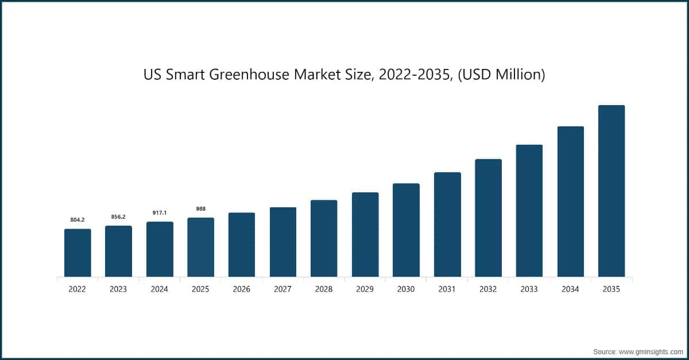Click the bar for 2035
611,191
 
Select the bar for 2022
78,253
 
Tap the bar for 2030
406,230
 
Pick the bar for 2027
283,242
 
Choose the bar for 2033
529,211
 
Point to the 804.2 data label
78,220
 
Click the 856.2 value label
118,216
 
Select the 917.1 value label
160,212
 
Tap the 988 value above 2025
201,208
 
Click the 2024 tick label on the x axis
160,289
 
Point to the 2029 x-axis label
365,289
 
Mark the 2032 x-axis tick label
488,289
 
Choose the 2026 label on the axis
242,289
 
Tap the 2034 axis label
570,289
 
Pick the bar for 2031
447,224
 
